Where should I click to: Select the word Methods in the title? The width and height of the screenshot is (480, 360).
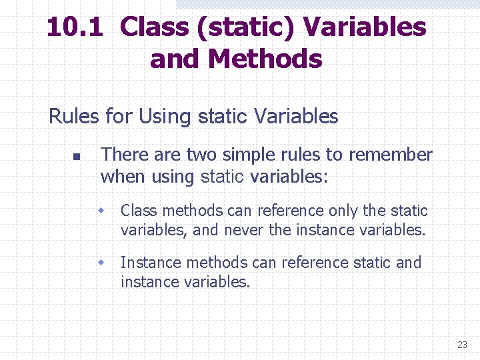pos(265,59)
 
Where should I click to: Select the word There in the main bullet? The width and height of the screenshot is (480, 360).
pos(125,155)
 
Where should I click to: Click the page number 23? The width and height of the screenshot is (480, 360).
pos(462,345)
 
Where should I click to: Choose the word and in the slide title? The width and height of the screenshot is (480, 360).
pos(175,59)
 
